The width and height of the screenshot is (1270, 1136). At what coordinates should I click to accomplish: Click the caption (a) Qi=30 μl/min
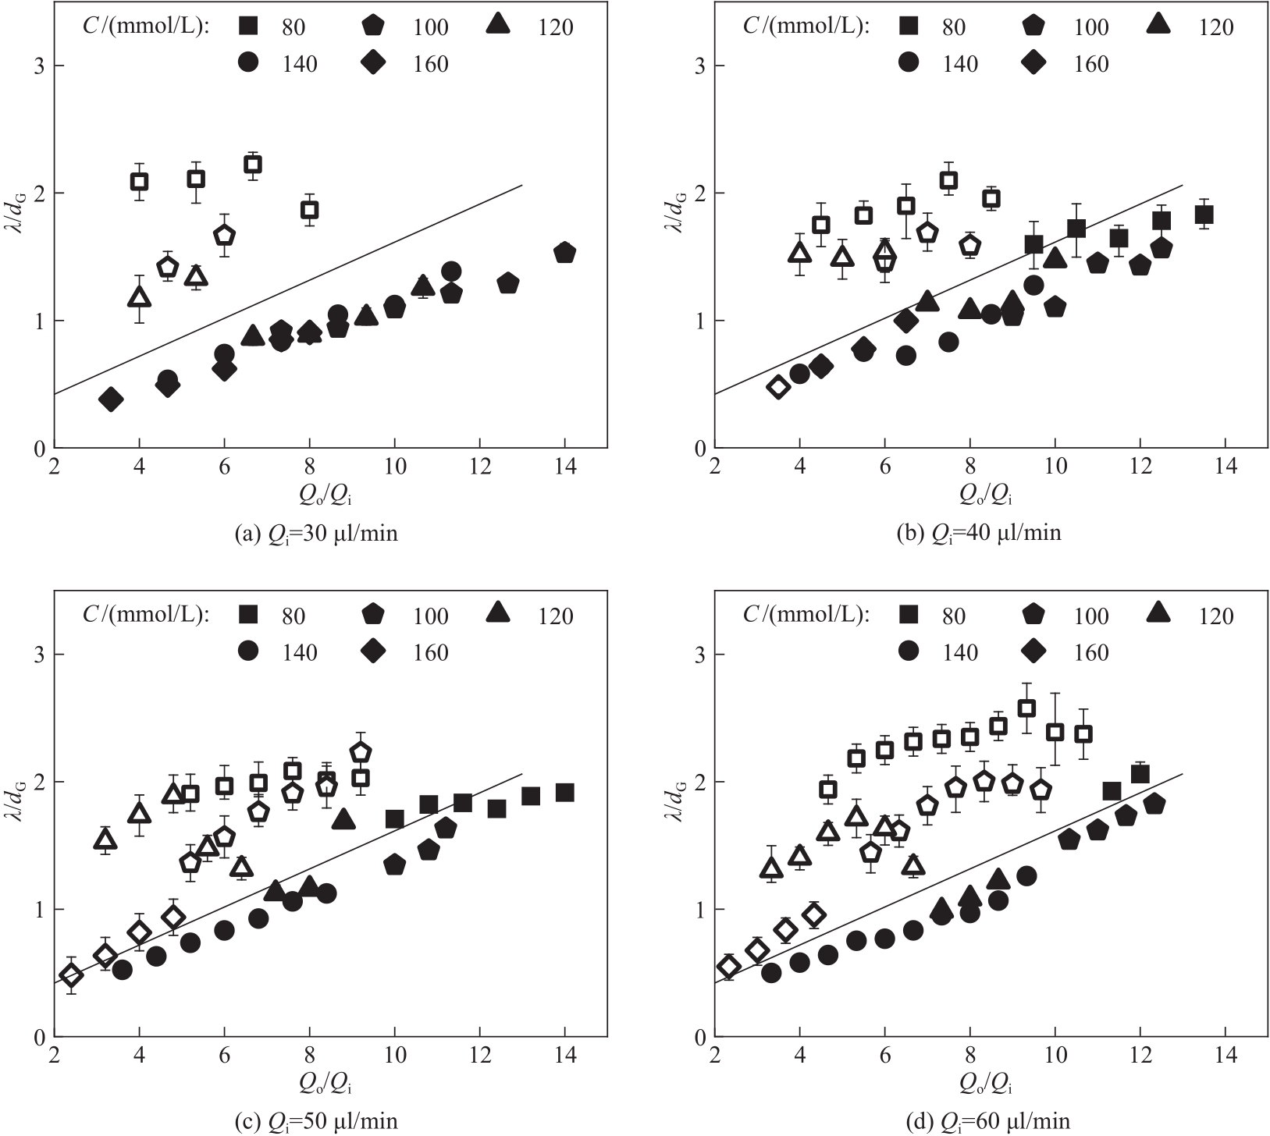(315, 534)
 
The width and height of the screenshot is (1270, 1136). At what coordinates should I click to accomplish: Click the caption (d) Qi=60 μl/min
(977, 1122)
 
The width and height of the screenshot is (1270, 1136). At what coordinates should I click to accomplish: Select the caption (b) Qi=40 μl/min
(976, 534)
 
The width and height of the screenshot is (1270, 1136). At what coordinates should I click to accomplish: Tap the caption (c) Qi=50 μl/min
(315, 1122)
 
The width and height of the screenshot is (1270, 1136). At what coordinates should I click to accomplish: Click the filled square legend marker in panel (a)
(249, 27)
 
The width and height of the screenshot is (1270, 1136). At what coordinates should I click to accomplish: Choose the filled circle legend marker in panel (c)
(249, 651)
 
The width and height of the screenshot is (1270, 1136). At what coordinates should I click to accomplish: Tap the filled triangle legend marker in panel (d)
(1159, 614)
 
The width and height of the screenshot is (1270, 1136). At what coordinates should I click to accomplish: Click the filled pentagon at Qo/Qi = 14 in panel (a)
(565, 253)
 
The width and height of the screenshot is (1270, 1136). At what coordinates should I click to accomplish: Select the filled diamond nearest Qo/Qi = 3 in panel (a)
(111, 399)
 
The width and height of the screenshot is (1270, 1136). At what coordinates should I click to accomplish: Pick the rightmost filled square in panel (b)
(1204, 215)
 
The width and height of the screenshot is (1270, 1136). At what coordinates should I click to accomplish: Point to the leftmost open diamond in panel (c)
(71, 975)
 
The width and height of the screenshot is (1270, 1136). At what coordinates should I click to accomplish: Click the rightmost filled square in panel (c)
(565, 793)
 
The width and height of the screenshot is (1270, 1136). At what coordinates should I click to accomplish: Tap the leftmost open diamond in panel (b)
(778, 387)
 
